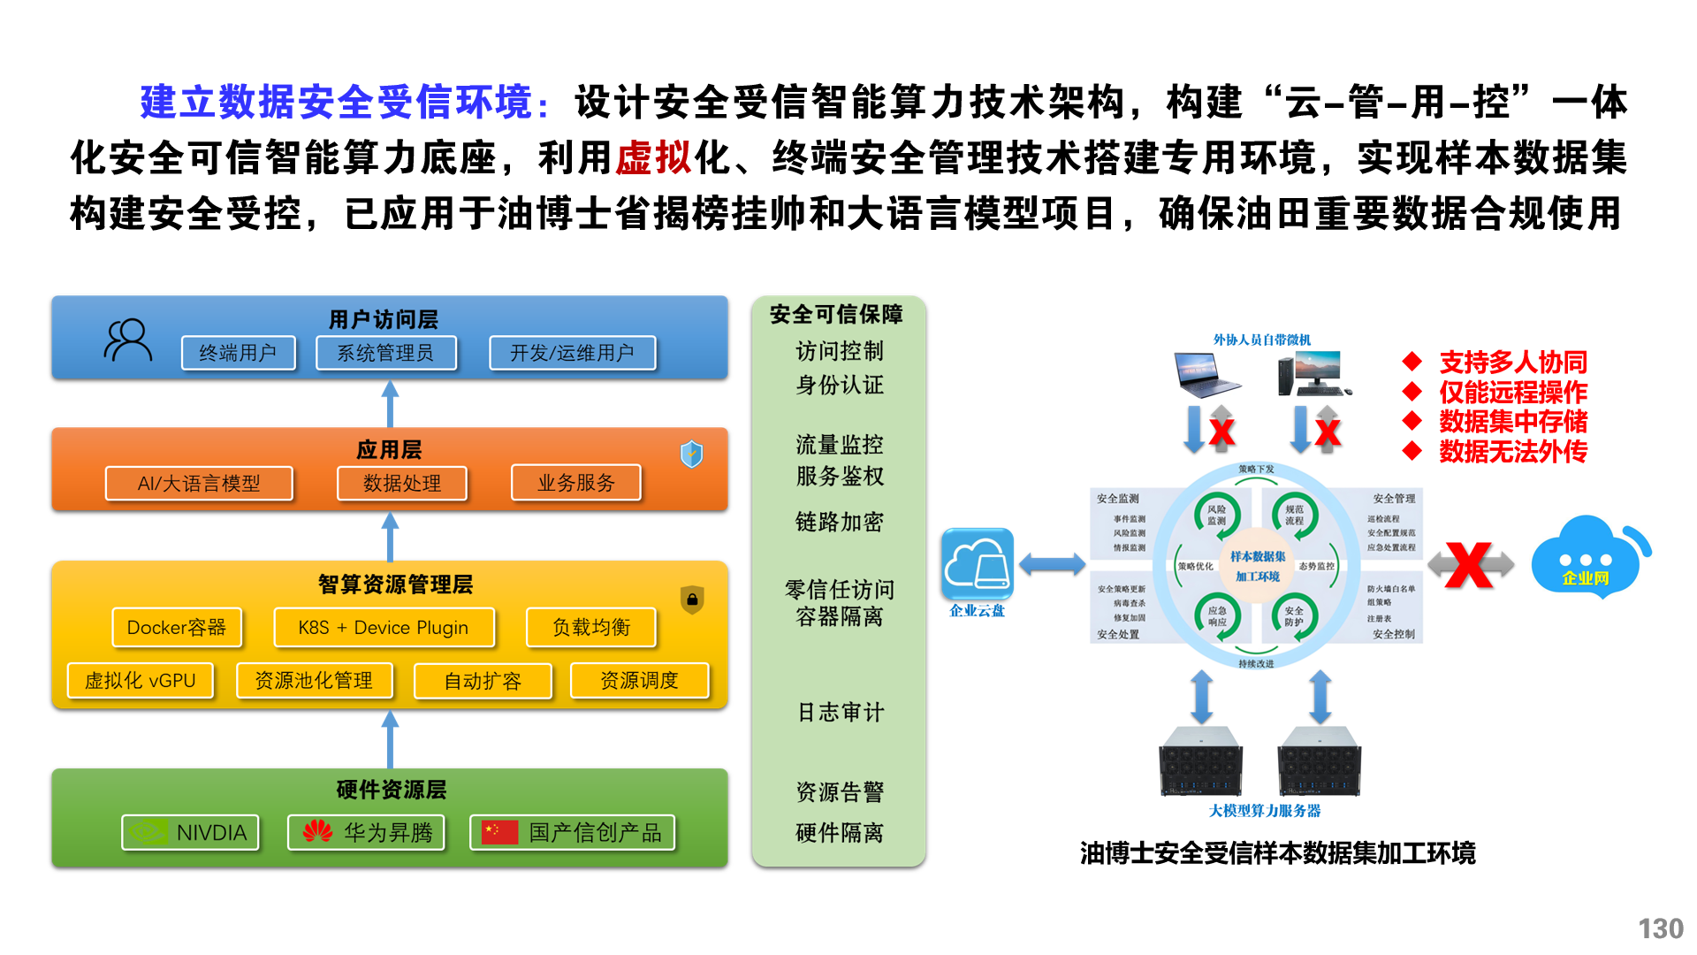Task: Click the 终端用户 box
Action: coord(238,353)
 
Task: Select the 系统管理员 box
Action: coord(386,353)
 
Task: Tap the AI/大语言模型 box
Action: coord(199,483)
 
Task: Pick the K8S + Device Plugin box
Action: coord(384,627)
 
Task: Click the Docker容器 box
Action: coord(177,627)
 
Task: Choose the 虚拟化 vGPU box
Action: coord(141,680)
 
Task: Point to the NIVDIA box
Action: coord(191,832)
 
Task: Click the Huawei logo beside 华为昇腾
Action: coord(317,831)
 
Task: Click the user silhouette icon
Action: coord(128,340)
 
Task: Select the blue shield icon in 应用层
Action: coord(691,454)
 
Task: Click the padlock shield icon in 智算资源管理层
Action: coord(692,600)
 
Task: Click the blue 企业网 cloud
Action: coord(1588,557)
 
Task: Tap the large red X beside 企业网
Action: coord(1470,564)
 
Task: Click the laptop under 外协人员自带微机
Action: coord(1206,374)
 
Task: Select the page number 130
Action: coord(1660,928)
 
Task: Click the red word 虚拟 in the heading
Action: coord(653,157)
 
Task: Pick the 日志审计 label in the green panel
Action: coord(840,712)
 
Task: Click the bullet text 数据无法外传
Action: coord(1512,452)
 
